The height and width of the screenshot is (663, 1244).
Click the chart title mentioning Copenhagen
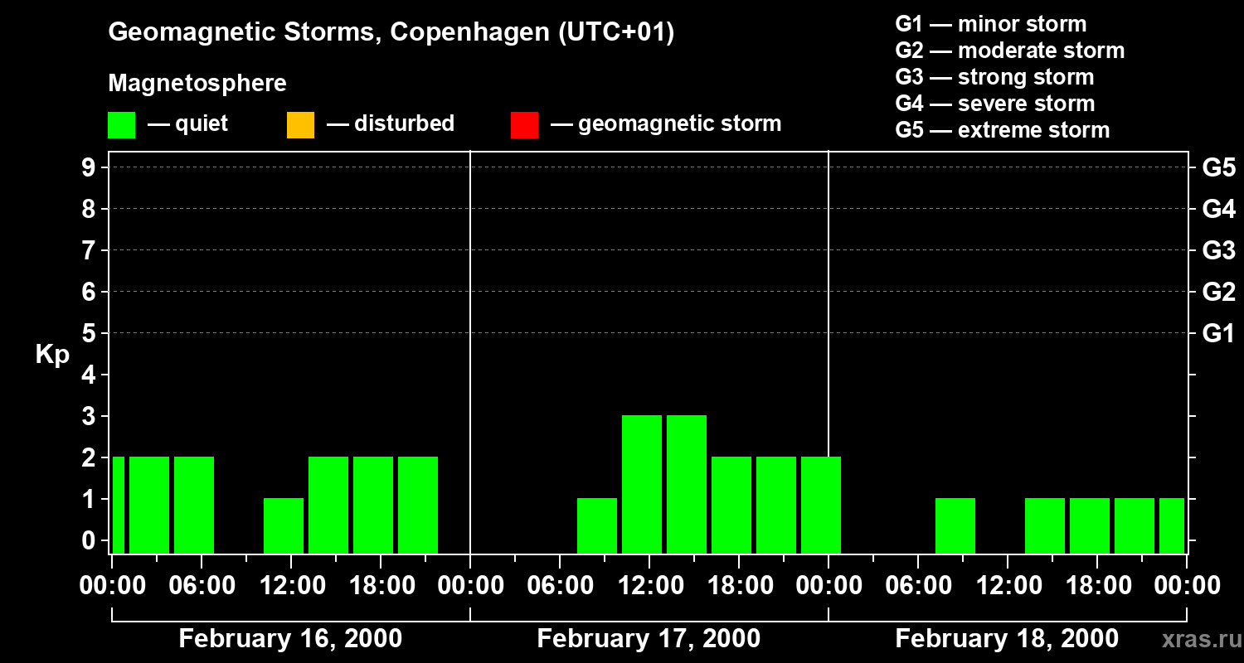(391, 32)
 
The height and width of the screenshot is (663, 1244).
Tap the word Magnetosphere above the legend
(197, 84)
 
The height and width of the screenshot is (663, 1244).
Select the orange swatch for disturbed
(300, 124)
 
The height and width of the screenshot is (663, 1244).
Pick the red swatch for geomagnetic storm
(524, 124)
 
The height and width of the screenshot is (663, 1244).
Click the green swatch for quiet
(121, 124)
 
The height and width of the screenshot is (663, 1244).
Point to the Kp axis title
(52, 355)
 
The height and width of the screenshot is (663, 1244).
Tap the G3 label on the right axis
(1218, 250)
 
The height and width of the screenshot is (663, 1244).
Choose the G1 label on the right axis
(1218, 334)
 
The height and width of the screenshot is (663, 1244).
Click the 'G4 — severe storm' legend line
(994, 104)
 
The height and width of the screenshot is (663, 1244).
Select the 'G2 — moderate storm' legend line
(1009, 51)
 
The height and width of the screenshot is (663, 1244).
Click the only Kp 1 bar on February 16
(284, 525)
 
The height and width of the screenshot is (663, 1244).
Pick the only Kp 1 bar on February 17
(597, 525)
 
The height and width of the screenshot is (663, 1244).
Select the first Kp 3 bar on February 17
(642, 484)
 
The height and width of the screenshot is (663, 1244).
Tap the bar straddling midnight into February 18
(821, 505)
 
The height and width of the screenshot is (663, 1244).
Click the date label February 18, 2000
(1007, 639)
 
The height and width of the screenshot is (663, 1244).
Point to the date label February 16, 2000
(290, 639)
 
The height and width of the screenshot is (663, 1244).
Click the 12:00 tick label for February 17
(649, 586)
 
